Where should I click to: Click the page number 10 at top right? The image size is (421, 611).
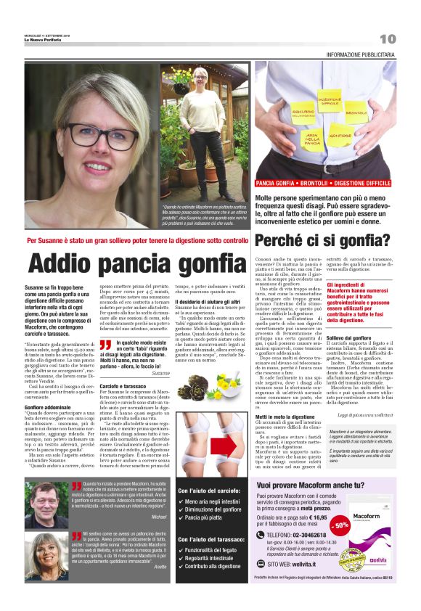388,38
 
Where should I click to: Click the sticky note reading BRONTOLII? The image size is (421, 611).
355,113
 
